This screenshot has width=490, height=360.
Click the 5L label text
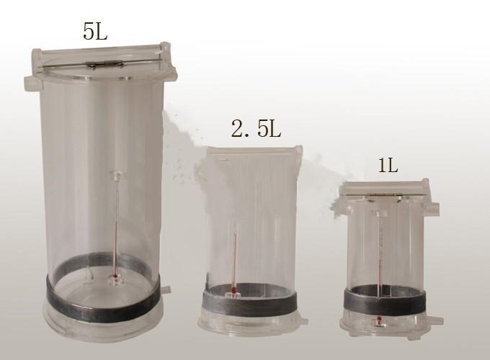[95, 31]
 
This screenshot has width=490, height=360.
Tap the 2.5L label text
[256, 129]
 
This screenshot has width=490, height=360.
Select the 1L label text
[388, 166]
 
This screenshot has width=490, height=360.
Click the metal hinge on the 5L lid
[104, 63]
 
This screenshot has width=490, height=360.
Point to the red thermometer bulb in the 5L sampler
[115, 276]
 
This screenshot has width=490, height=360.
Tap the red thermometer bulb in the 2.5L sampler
[233, 289]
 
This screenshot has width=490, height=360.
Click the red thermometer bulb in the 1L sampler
[380, 320]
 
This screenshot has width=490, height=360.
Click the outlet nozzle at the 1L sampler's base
[435, 320]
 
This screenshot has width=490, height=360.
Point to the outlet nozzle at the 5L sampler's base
[166, 289]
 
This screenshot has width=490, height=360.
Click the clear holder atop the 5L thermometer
[117, 176]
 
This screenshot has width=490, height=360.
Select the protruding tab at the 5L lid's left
[32, 82]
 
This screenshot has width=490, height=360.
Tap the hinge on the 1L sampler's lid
[384, 194]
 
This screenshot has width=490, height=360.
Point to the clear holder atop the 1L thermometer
[380, 215]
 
